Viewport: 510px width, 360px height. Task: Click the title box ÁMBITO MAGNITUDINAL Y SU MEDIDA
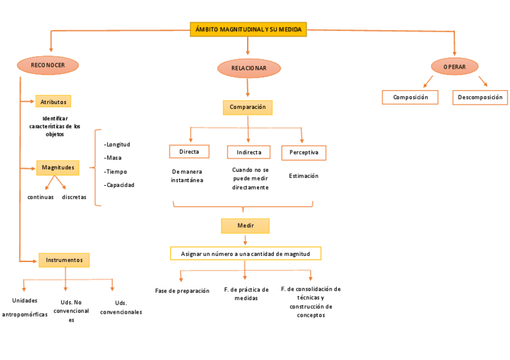click(248, 29)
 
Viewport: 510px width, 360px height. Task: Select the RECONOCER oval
click(48, 65)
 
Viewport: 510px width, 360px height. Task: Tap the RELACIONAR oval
click(248, 68)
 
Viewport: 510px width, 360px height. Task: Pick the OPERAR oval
click(454, 67)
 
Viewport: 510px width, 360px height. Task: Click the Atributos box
click(54, 102)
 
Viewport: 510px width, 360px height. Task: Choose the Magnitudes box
click(58, 167)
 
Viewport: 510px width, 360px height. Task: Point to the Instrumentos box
click(64, 260)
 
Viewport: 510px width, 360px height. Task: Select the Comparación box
click(247, 107)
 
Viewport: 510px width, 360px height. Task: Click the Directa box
click(189, 151)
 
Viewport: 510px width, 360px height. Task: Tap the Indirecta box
click(249, 152)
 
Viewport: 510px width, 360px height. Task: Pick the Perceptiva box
click(304, 153)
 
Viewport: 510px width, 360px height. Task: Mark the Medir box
click(245, 225)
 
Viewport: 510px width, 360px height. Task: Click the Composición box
click(410, 97)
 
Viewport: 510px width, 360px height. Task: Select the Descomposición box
click(479, 97)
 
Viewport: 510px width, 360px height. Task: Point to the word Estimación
click(303, 176)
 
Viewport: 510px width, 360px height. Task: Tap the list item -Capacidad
click(119, 185)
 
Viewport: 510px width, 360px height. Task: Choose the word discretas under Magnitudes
click(74, 197)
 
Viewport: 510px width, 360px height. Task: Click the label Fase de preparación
click(182, 291)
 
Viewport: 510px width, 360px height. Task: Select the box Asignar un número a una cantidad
click(245, 254)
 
